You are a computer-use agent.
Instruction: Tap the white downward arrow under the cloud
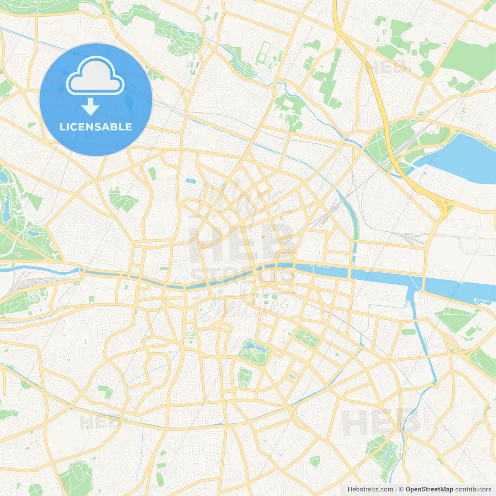click(91, 107)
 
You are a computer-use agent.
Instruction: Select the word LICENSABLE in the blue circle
click(96, 127)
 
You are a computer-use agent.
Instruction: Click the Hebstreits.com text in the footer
click(370, 489)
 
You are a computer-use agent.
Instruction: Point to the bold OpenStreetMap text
click(429, 489)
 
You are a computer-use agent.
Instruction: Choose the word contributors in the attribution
click(473, 489)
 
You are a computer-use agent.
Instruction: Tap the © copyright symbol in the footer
click(401, 489)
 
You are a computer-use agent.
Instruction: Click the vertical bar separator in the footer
click(396, 489)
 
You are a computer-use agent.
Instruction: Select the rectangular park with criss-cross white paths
click(307, 338)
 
